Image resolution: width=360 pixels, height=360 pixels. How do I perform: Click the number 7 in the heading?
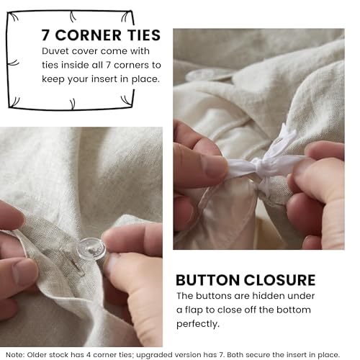tap(46, 35)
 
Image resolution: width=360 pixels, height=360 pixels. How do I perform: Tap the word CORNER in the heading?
tap(89, 35)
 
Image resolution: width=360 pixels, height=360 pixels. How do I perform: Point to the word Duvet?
tap(55, 51)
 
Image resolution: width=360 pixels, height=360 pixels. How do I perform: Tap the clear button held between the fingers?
tap(91, 248)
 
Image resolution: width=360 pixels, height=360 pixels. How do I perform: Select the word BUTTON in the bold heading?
tap(207, 280)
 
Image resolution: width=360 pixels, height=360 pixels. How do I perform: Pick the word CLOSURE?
tap(280, 280)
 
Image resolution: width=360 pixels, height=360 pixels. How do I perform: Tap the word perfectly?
tap(198, 324)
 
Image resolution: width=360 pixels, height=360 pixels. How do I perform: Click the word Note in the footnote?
tap(14, 355)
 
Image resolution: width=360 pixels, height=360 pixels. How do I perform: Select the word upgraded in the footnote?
tap(153, 355)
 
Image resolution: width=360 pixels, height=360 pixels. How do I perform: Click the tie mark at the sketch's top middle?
tap(73, 17)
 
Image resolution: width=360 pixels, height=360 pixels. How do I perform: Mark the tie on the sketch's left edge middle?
tap(13, 63)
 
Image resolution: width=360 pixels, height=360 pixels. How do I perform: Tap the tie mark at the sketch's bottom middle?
tap(73, 104)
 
